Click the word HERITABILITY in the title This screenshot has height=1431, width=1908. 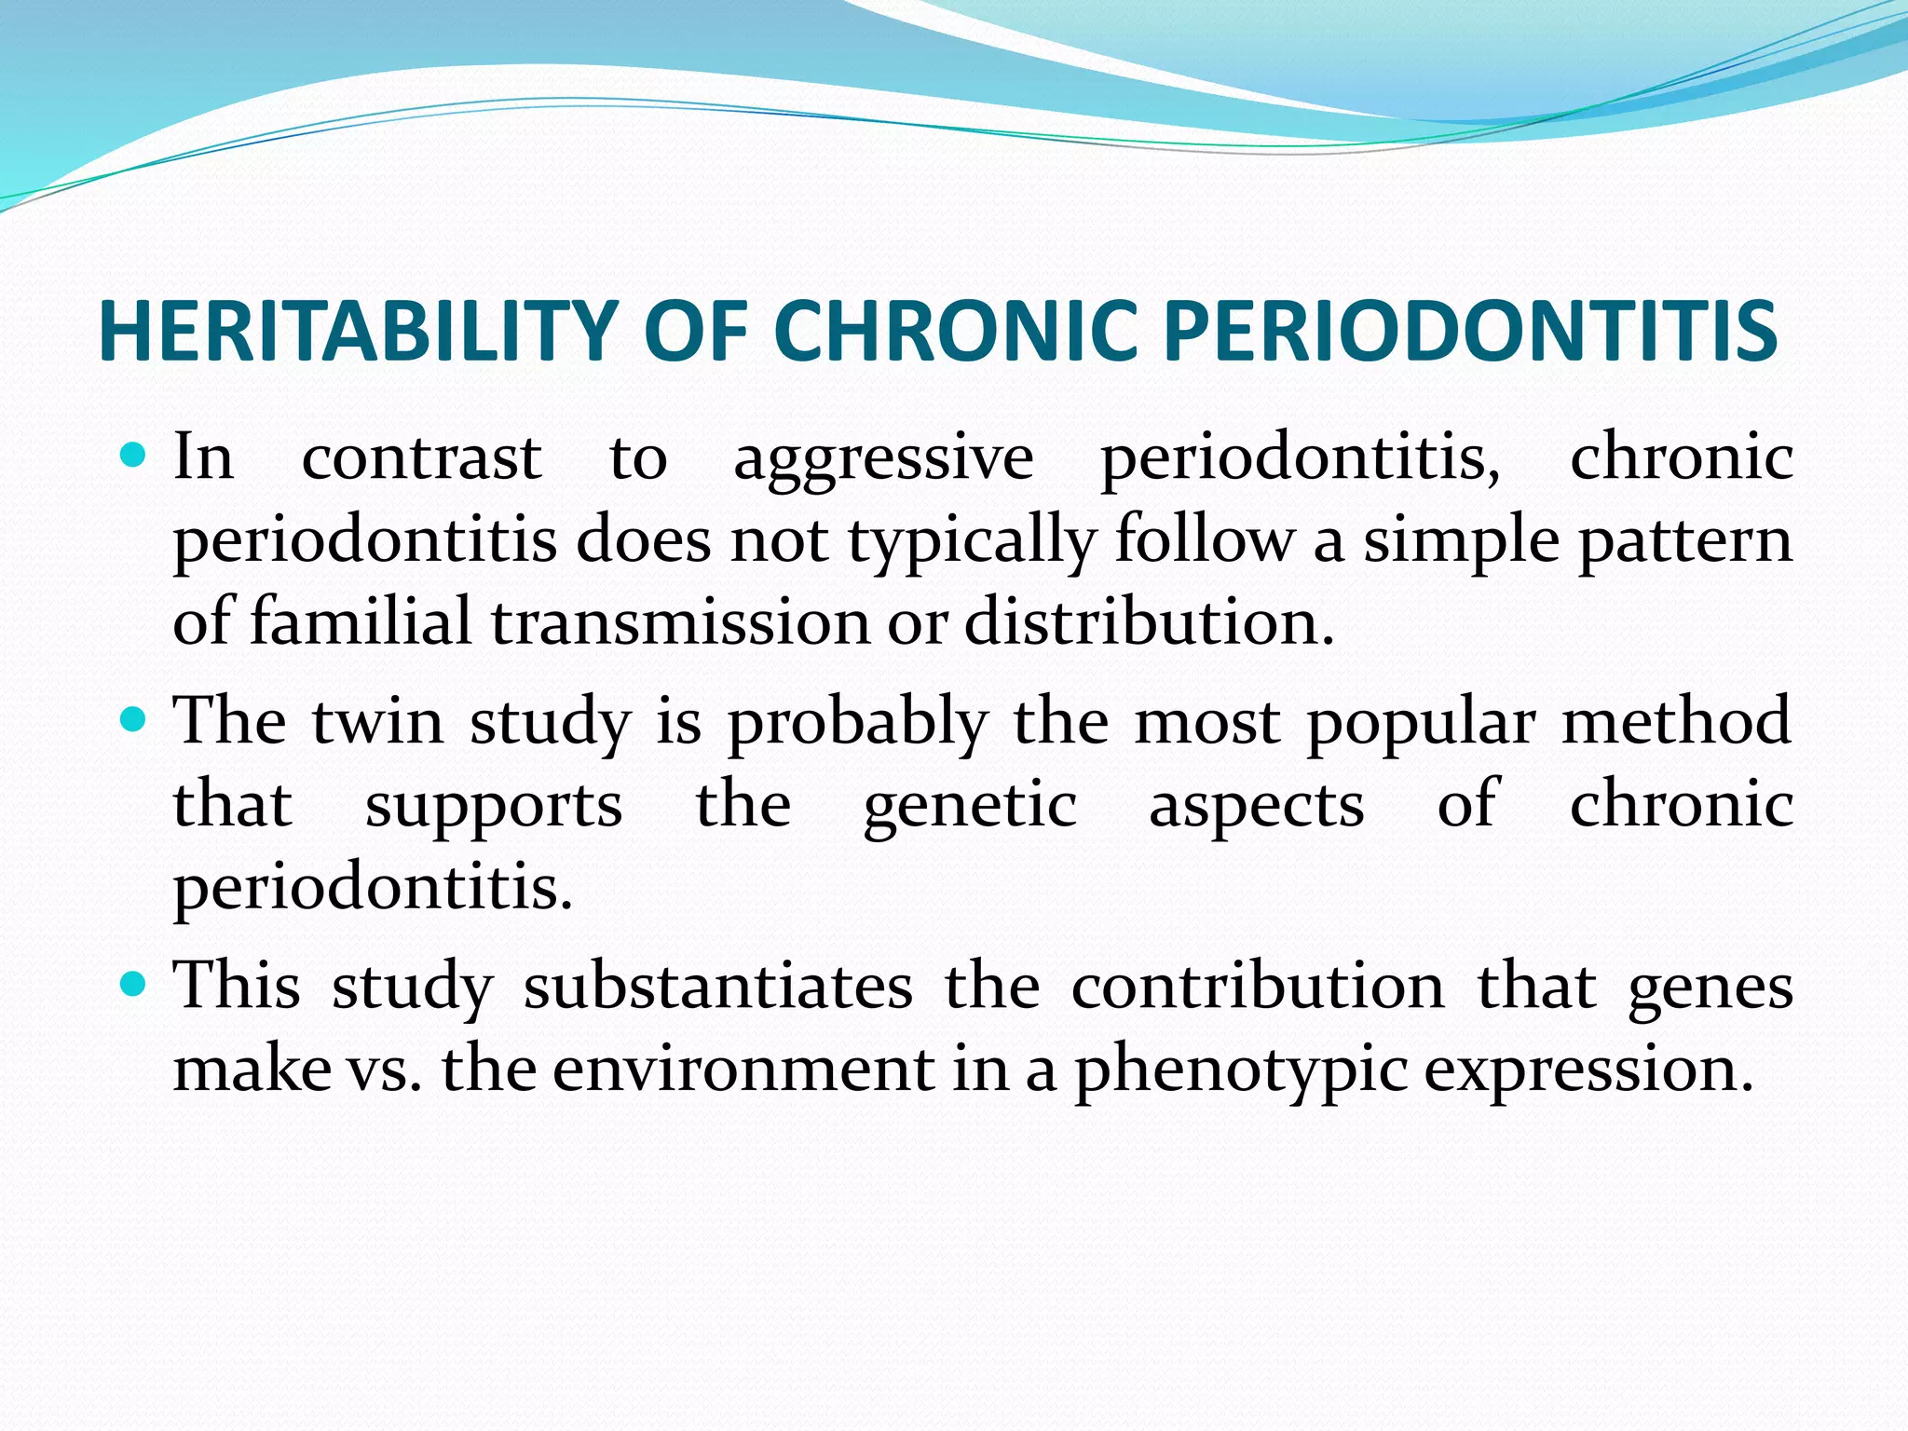(358, 332)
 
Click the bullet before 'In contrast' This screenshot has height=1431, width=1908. (134, 457)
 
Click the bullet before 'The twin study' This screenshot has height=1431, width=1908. (134, 721)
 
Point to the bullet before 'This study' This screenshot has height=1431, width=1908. (134, 985)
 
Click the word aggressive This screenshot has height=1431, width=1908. (883, 460)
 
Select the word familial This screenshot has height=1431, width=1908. (361, 621)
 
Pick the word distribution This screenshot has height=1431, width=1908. (1148, 621)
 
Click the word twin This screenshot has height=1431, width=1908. (377, 722)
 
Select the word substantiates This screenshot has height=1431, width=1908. (717, 987)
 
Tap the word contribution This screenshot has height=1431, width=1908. (1258, 987)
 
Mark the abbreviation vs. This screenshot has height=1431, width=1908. (384, 1070)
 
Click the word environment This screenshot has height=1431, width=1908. (743, 1069)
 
